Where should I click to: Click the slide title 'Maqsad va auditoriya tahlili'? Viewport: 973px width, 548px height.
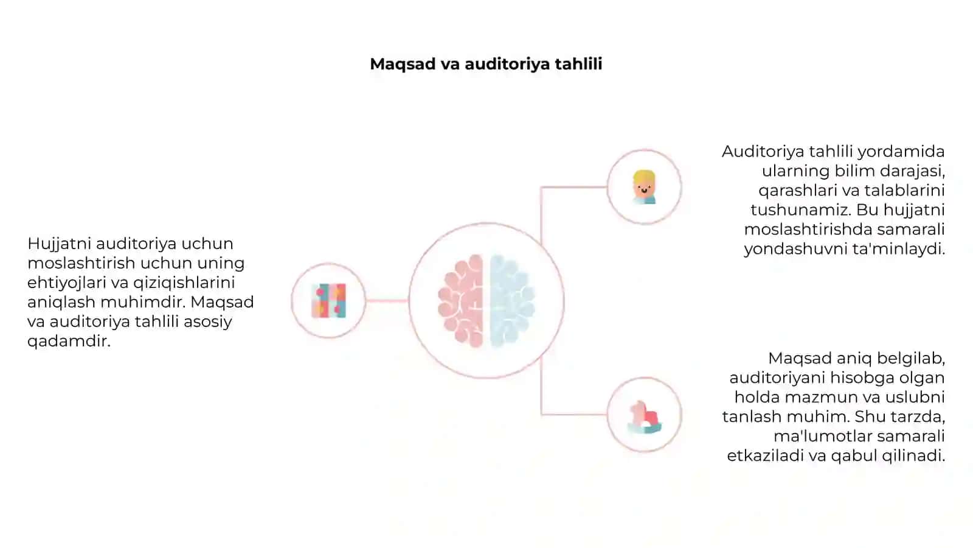click(x=486, y=65)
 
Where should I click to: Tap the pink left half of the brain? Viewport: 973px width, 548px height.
click(x=461, y=301)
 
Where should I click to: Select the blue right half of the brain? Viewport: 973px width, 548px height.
click(x=512, y=301)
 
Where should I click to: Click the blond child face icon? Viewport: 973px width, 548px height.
click(x=644, y=187)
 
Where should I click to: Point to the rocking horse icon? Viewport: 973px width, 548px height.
click(x=644, y=417)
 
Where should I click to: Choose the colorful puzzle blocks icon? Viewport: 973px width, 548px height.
click(x=329, y=301)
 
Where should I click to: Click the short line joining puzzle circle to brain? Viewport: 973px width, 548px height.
click(x=387, y=301)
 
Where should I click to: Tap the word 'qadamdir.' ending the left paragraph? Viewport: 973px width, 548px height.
click(x=69, y=342)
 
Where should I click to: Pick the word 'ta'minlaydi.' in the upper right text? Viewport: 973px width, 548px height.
click(x=896, y=249)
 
